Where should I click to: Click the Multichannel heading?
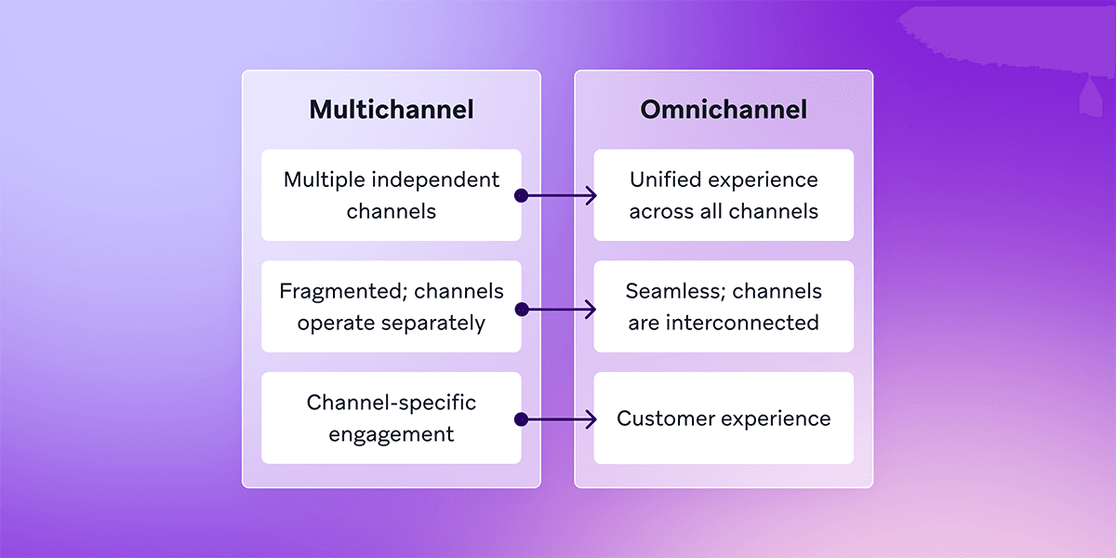pos(392,110)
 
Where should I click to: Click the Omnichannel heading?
pos(724,110)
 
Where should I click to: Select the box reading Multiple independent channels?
pos(392,195)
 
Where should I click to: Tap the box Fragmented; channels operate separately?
pos(392,307)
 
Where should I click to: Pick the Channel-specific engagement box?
pos(392,418)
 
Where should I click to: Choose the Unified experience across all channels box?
pos(724,195)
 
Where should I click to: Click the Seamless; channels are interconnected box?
pos(724,307)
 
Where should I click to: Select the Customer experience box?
pos(724,418)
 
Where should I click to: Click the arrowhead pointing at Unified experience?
pos(591,195)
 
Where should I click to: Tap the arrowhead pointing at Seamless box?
pos(591,308)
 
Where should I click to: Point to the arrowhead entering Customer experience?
pos(591,419)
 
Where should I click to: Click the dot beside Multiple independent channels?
pos(522,195)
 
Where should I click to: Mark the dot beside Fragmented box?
pos(522,308)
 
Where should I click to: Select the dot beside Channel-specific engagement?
pos(522,419)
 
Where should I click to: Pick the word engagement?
pos(392,434)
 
